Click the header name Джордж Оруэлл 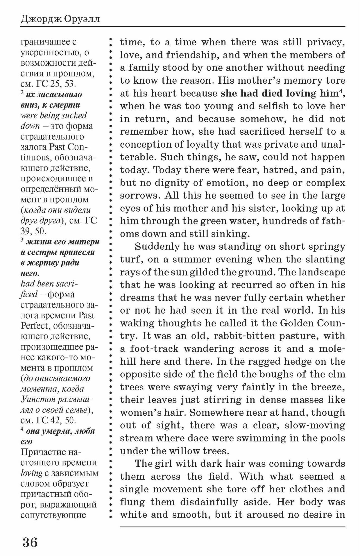click(x=60, y=20)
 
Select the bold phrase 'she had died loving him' click(x=279, y=93)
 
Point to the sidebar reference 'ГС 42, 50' click(x=56, y=420)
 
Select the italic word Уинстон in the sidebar click(x=37, y=399)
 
